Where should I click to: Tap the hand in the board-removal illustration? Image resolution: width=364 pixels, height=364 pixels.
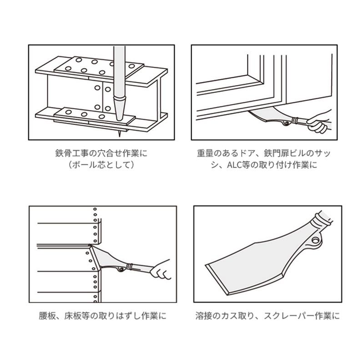click(x=160, y=270)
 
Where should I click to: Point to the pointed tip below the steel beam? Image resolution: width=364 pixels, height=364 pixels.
click(x=120, y=133)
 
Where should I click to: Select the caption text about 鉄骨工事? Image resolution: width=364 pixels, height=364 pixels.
click(x=101, y=153)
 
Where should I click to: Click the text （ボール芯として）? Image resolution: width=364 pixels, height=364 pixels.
click(x=101, y=165)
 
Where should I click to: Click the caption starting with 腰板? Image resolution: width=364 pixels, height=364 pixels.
click(x=102, y=315)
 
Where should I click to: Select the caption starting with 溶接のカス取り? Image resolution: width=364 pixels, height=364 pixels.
click(x=267, y=315)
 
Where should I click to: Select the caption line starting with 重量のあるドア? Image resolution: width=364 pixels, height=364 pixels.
click(x=263, y=153)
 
